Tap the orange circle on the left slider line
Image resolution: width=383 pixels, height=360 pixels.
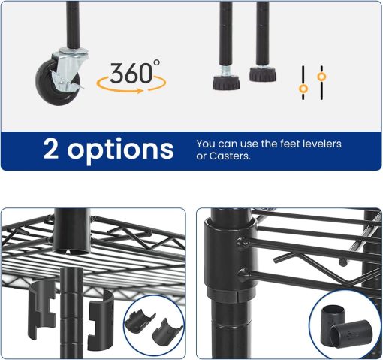point(303,89)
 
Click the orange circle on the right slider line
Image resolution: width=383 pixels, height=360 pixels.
point(321,76)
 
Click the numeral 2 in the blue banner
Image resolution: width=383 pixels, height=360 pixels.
point(52,148)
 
